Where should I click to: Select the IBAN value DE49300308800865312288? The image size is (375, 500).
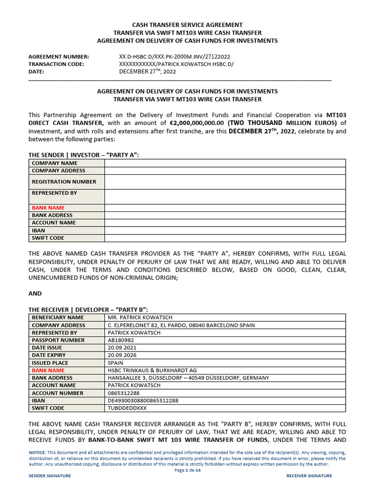point(143,401)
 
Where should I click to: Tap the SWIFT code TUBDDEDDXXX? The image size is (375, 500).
point(127,408)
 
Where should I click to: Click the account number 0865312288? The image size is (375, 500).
point(124,393)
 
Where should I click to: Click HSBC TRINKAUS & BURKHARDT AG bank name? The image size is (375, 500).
point(152,371)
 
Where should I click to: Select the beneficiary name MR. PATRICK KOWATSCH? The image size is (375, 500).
point(140,317)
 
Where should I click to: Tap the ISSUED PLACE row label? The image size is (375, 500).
point(50,363)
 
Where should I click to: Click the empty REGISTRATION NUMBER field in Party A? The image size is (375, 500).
point(225,182)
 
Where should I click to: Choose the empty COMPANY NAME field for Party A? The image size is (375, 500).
point(225,163)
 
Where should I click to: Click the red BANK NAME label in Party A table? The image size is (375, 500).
point(48,208)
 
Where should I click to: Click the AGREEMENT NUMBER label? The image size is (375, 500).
point(59,57)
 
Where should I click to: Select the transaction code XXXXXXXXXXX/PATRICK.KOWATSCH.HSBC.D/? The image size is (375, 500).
point(176,64)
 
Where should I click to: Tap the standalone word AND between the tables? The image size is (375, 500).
point(35,293)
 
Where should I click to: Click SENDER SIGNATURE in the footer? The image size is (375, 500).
point(50,476)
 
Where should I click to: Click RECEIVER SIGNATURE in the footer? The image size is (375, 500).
point(309,476)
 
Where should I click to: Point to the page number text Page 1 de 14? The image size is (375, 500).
point(187,471)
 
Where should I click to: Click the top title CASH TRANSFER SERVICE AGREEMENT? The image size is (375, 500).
point(187,25)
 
